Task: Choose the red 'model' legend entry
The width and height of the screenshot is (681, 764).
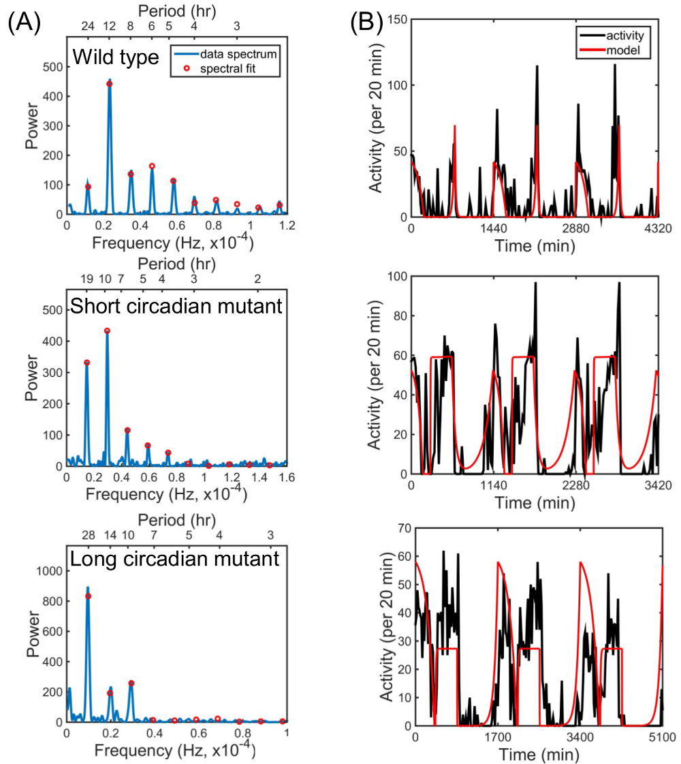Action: point(627,48)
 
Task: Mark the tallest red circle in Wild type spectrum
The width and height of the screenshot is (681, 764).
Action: point(110,84)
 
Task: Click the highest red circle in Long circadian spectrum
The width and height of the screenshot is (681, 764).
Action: point(88,596)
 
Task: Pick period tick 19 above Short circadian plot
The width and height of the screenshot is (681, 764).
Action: point(86,279)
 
